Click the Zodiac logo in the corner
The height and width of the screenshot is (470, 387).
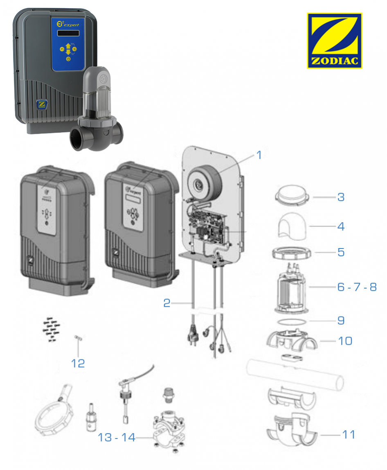[x=334, y=41]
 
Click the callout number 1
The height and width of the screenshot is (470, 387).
[x=259, y=155]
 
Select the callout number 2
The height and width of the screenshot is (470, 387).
[x=166, y=303]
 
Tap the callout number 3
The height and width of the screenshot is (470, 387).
[x=340, y=197]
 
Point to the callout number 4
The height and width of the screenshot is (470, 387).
[x=340, y=226]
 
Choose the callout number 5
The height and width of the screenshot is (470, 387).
[x=340, y=252]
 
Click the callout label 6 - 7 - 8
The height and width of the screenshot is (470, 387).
[x=357, y=287]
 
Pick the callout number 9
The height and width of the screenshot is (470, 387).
[x=341, y=320]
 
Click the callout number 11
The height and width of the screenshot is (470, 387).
[x=349, y=434]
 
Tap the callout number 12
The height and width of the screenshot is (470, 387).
[x=78, y=363]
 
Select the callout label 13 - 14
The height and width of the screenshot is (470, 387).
[x=116, y=437]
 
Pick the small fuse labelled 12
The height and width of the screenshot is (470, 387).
[x=78, y=338]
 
